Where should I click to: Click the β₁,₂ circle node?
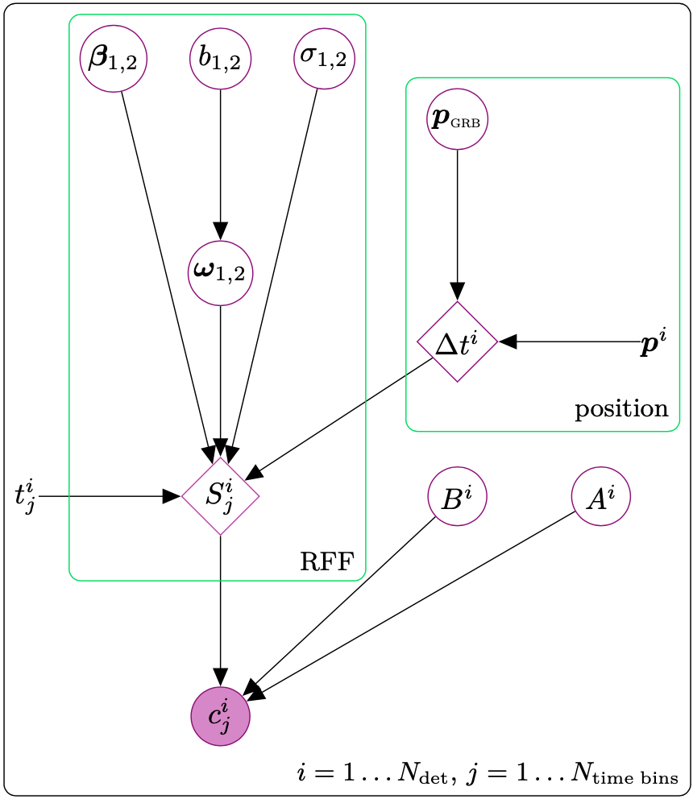click(x=113, y=59)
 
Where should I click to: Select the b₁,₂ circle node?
click(x=221, y=59)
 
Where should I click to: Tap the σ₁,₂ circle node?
click(x=323, y=59)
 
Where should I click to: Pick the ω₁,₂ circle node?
click(x=221, y=273)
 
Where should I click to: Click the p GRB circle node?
click(x=458, y=120)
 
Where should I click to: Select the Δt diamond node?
click(x=457, y=342)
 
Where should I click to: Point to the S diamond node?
click(x=220, y=496)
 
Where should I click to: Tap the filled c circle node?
click(x=220, y=716)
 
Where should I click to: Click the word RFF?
click(x=326, y=561)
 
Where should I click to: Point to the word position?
click(x=620, y=408)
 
